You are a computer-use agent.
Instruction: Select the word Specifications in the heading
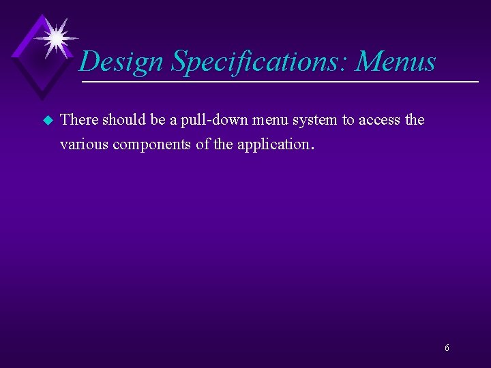coord(260,62)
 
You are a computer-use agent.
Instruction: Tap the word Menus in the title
coord(396,62)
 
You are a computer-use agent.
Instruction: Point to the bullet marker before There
coord(47,121)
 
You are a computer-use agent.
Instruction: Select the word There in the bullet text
coord(79,121)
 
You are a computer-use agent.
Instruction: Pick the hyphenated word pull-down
coord(210,121)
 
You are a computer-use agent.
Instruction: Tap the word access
coord(378,121)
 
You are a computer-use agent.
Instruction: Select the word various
coord(81,144)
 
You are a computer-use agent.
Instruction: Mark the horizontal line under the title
coord(280,82)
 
